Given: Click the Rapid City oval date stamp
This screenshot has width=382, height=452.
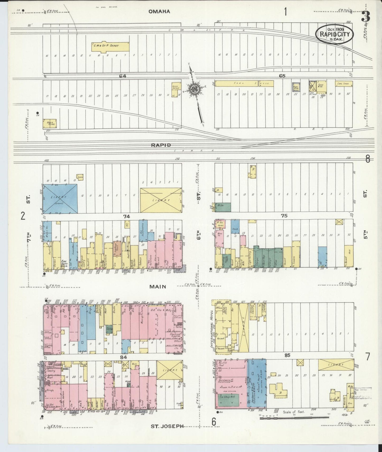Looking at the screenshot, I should point(334,34).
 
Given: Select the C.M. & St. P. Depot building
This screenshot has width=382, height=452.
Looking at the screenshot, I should point(110,46).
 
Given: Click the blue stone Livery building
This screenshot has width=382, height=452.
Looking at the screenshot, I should point(60,199).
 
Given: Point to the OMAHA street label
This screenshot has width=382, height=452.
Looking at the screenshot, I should point(159,11).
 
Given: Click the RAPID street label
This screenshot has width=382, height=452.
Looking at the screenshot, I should point(161,145).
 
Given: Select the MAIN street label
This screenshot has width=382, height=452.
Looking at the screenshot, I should point(158,287).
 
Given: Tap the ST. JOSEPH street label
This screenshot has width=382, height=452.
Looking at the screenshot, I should point(167,426).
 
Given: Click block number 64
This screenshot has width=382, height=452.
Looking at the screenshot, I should point(122,76).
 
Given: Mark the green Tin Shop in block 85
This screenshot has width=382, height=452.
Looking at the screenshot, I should point(229,400).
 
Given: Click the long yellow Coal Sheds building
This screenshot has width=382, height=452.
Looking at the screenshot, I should point(244,83).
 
